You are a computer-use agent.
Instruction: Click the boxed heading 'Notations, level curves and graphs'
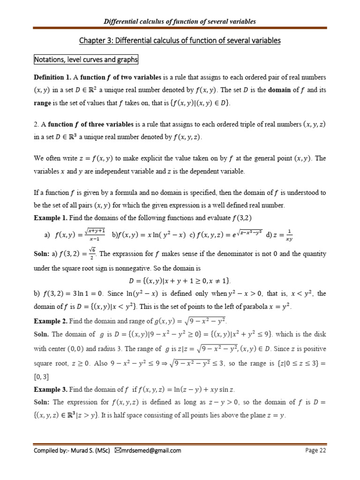(x=85, y=60)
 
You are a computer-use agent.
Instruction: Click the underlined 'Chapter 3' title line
(x=180, y=41)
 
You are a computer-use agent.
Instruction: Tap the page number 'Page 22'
(x=315, y=451)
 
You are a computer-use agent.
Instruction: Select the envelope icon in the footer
(x=118, y=451)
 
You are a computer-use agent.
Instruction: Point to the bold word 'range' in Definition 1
(x=44, y=102)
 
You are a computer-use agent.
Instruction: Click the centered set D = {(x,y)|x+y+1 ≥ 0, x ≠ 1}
(x=180, y=281)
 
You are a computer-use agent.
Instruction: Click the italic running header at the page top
(x=180, y=22)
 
